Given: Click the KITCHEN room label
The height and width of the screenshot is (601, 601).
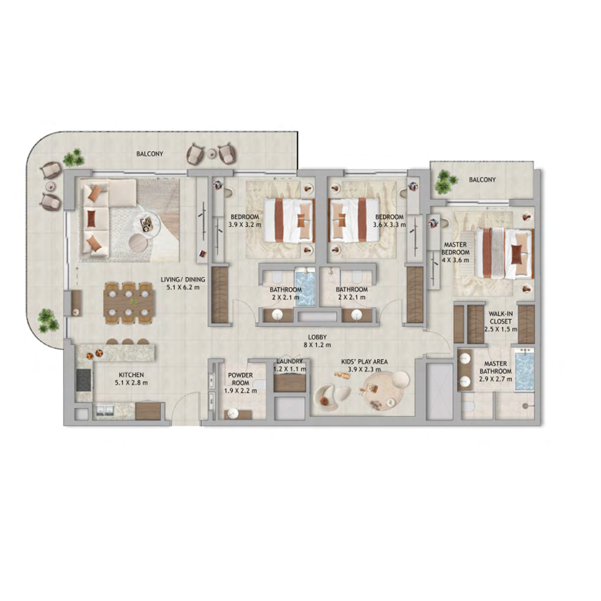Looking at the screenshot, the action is [x=131, y=375].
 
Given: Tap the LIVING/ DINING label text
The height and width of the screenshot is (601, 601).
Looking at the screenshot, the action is [x=183, y=280].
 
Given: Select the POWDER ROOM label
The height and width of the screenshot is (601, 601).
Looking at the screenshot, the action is [x=240, y=379].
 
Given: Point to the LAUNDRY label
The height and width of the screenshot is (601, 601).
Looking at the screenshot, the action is [x=289, y=361].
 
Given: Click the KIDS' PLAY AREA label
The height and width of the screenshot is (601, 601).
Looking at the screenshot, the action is [x=364, y=362].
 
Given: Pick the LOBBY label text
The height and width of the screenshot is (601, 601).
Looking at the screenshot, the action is [x=317, y=337].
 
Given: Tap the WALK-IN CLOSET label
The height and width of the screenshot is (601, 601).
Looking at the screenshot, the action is [x=500, y=318].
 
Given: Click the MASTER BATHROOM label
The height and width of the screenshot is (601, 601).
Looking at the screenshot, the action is [x=496, y=367].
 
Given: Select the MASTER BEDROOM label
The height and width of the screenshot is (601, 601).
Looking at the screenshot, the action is [x=456, y=248].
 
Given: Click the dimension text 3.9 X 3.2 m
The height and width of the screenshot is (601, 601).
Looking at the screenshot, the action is [x=245, y=225].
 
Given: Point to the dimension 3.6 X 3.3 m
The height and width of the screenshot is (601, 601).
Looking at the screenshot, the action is [x=389, y=225].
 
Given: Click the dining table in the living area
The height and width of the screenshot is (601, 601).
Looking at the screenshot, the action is [x=129, y=303].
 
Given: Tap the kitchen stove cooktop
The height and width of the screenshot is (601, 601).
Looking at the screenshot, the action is [x=84, y=380].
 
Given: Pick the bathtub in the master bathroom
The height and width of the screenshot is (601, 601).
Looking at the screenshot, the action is [x=524, y=370].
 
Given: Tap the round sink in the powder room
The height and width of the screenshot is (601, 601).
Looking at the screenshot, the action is [x=233, y=413].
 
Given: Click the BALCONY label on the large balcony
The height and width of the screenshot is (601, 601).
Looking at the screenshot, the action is [x=150, y=154].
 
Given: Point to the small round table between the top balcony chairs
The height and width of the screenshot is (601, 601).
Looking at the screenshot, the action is [x=212, y=153].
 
